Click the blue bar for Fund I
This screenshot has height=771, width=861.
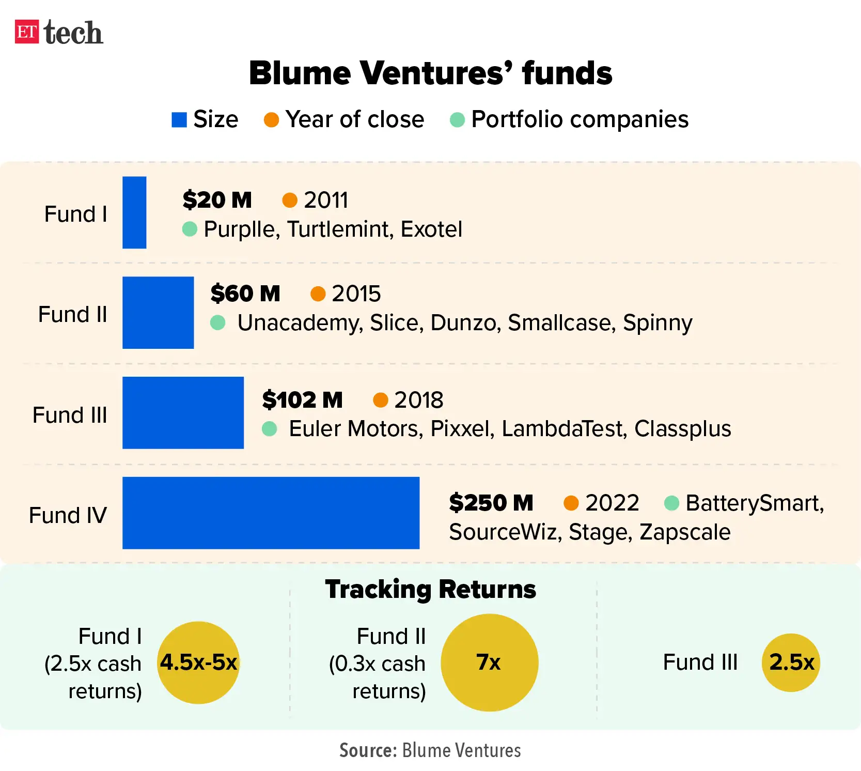134,212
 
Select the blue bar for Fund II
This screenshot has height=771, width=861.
158,313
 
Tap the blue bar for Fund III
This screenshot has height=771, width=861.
183,412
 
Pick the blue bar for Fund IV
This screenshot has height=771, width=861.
271,513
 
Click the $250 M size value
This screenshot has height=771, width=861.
491,503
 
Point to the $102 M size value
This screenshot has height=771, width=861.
302,400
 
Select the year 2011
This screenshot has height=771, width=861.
326,200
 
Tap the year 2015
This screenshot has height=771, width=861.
356,294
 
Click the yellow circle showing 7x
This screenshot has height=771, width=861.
489,662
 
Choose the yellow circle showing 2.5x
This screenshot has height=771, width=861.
791,662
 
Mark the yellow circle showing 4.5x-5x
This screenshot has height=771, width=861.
198,662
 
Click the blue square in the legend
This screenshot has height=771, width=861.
179,120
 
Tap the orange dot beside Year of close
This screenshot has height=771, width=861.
271,120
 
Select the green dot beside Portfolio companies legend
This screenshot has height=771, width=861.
457,120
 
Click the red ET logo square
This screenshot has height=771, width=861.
27,32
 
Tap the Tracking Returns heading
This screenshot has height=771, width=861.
430,589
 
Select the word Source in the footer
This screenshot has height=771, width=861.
368,750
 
